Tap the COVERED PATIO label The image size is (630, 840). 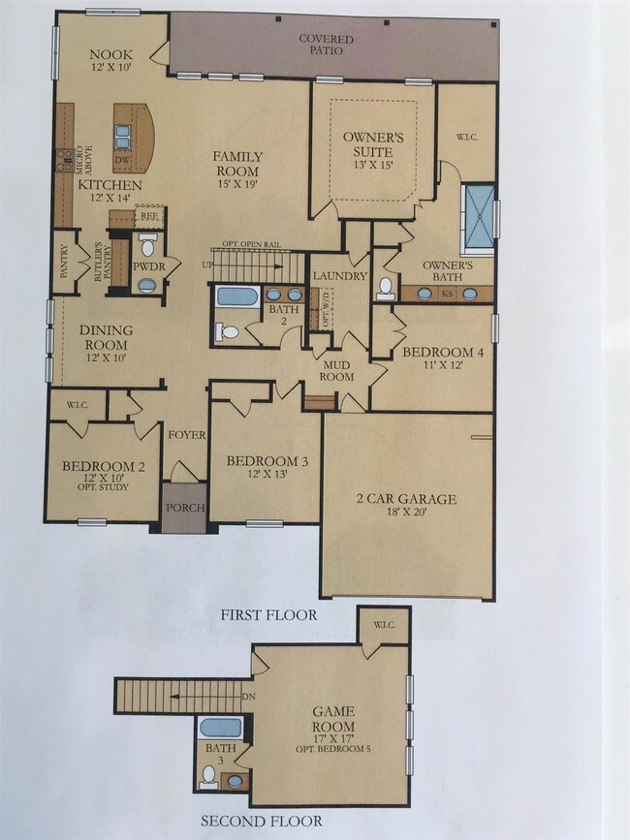(326, 45)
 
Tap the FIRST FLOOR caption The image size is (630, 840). (269, 614)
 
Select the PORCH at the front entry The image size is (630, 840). (183, 507)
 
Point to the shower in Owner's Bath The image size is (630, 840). (479, 210)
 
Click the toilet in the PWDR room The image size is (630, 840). (147, 246)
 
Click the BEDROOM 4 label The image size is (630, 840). (434, 357)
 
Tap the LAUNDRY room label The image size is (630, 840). (339, 276)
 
